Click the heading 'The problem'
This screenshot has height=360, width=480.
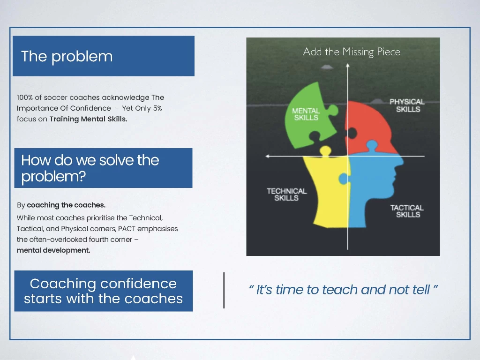67,57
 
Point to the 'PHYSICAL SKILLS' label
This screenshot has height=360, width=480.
407,105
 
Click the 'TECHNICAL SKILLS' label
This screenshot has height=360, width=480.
286,195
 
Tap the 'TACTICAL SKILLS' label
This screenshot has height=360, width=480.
407,211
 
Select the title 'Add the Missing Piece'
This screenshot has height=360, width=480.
352,52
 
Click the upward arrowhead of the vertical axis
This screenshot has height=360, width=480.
347,65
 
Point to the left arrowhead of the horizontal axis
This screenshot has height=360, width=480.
268,156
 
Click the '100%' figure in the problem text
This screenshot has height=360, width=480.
25,97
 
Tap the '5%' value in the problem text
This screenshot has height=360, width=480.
157,108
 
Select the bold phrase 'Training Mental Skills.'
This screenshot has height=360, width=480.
89,119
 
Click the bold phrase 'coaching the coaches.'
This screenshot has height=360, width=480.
66,205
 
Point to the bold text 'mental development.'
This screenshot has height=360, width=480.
53,250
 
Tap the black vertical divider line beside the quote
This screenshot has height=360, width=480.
224,290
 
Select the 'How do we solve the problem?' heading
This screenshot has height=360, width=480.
90,168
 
